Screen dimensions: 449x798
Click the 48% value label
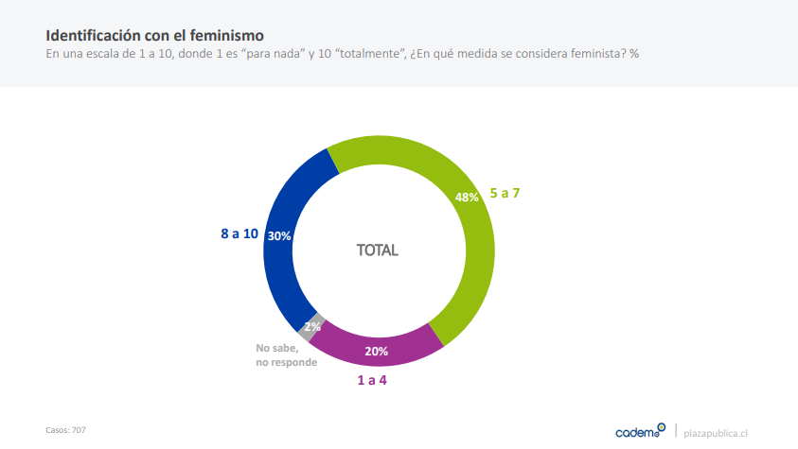click(467, 198)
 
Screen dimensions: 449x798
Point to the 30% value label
click(279, 236)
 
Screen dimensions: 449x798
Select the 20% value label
click(376, 350)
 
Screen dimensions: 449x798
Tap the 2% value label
click(312, 327)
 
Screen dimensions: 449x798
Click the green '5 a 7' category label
click(505, 193)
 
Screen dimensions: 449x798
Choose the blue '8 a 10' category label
click(239, 233)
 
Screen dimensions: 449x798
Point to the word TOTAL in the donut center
click(377, 250)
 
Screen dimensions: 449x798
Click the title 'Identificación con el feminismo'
click(141, 35)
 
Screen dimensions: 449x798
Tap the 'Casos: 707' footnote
click(66, 429)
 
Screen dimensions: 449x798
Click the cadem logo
click(640, 431)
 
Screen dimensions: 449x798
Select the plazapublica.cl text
click(716, 432)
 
